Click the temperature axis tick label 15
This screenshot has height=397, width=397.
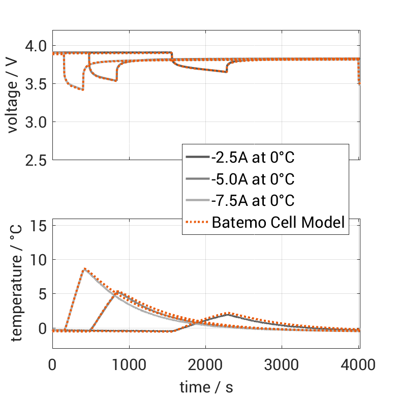pos(38,225)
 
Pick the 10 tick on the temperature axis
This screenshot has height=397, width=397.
pos(38,260)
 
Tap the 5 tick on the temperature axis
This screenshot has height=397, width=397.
pos(42,294)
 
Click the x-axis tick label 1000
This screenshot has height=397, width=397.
pos(129,365)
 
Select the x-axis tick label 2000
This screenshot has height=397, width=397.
pos(205,365)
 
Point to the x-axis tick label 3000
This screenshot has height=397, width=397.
pos(282,365)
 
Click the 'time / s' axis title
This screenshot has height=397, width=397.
pos(206,387)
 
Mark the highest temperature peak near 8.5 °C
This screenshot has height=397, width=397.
pos(84,269)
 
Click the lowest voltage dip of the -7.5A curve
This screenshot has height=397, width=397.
pos(83,90)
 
